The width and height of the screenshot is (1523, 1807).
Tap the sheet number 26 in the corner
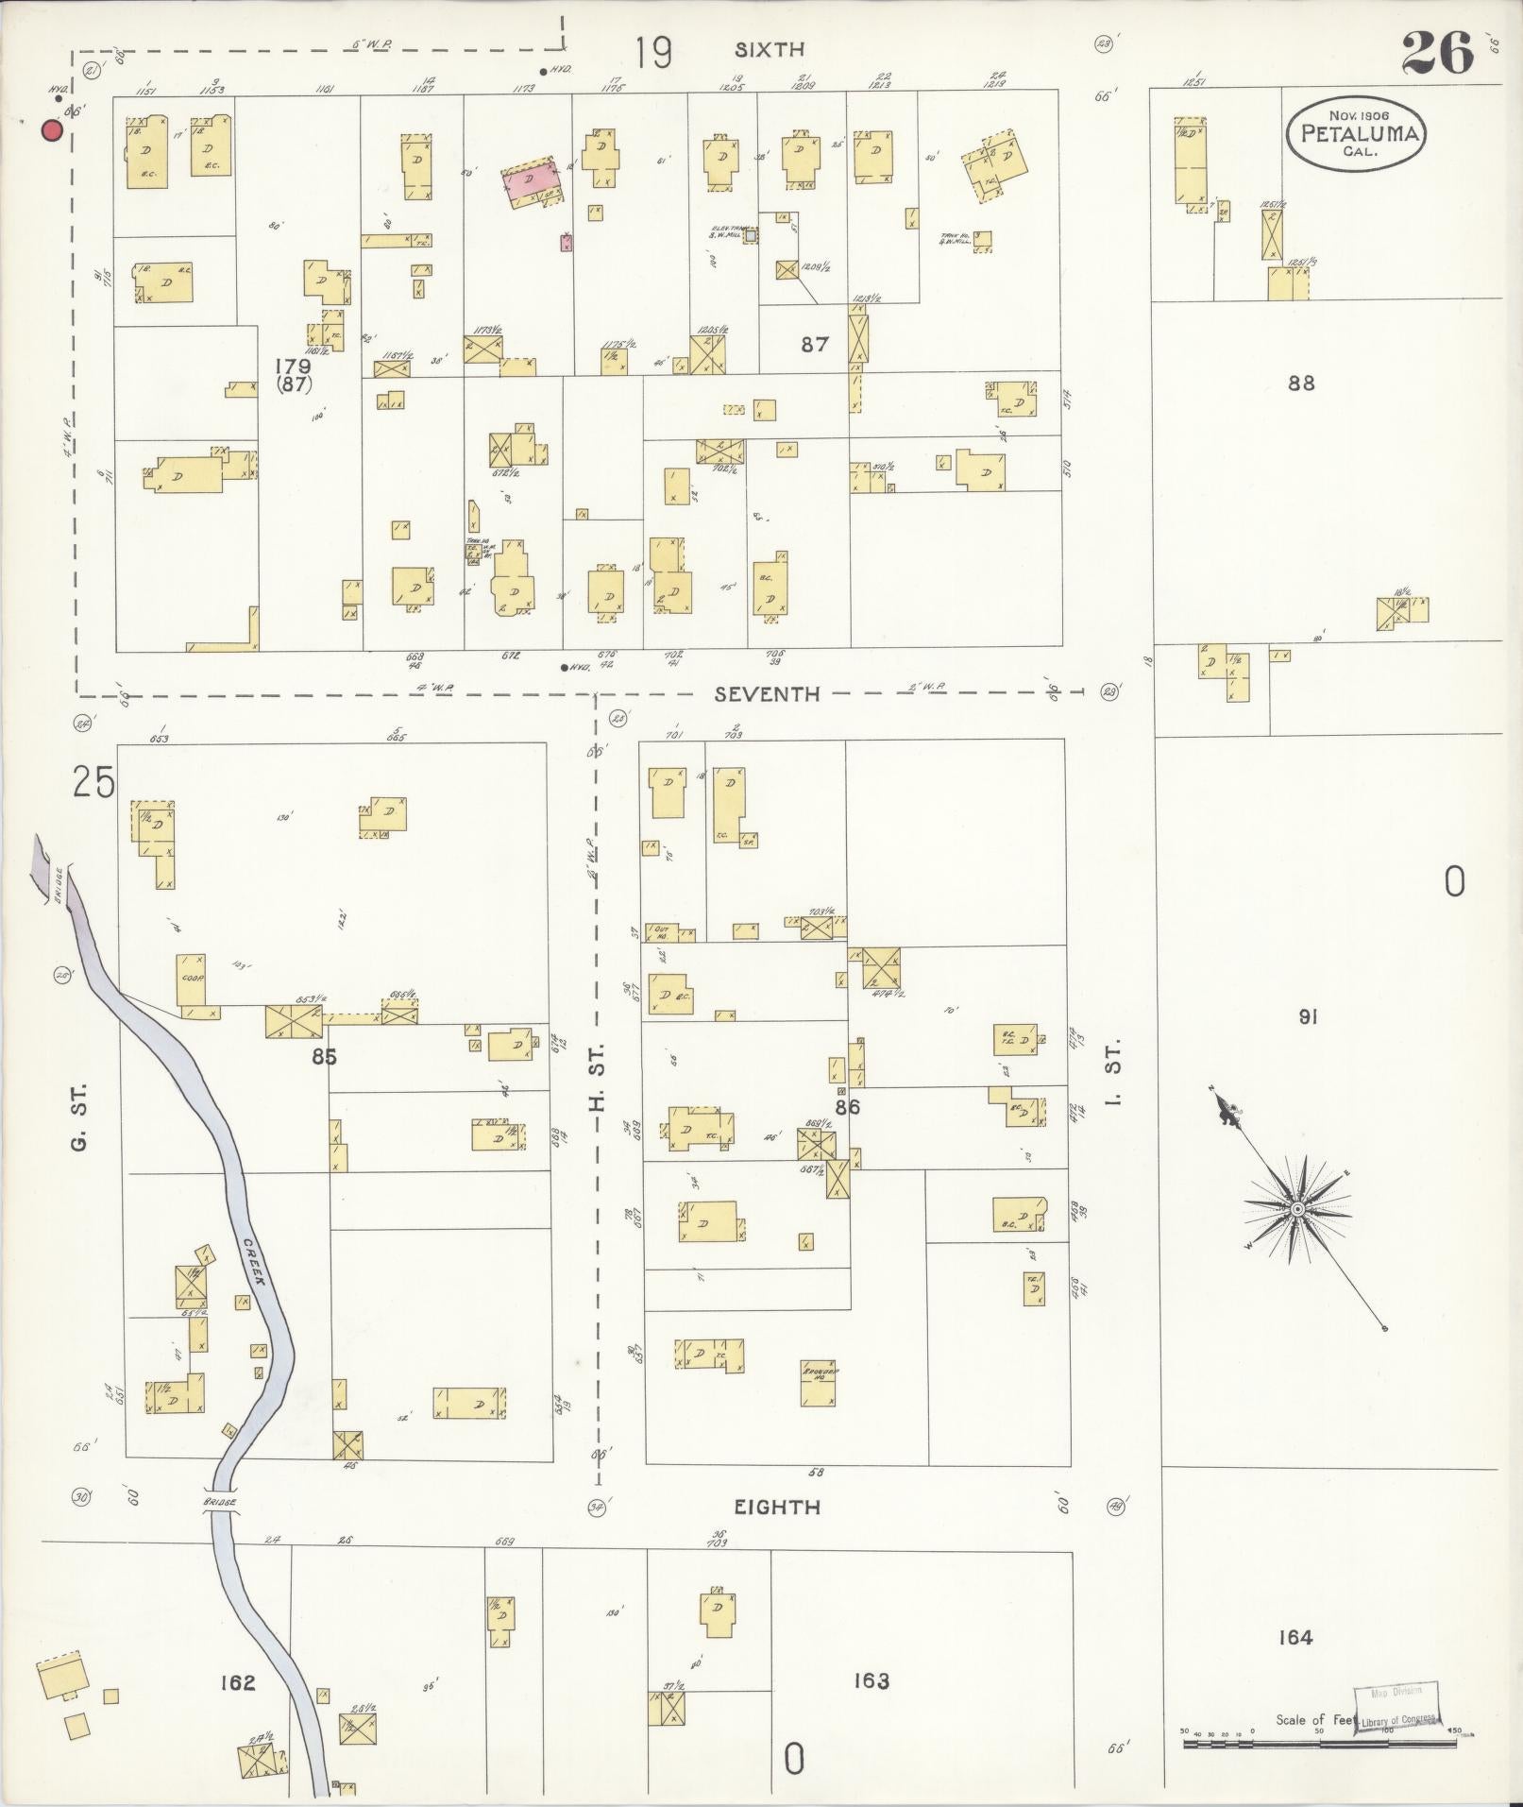(x=1437, y=53)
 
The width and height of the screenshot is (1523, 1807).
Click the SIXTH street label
(x=770, y=50)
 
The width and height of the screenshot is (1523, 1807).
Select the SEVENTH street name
(x=767, y=694)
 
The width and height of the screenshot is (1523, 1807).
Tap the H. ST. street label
(x=597, y=1077)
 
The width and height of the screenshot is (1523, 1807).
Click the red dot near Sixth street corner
(x=52, y=130)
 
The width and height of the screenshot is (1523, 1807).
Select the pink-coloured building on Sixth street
(x=530, y=179)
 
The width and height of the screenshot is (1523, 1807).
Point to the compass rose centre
(x=1297, y=1209)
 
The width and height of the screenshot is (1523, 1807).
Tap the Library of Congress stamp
(x=1396, y=1708)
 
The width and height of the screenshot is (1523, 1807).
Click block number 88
(x=1300, y=384)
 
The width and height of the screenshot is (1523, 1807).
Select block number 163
(x=870, y=1680)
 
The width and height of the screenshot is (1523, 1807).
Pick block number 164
(x=1295, y=1637)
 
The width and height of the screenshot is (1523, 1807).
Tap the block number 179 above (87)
(x=293, y=366)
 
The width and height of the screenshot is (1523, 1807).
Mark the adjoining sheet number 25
(x=93, y=783)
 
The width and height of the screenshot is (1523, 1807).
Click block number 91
(x=1307, y=1017)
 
